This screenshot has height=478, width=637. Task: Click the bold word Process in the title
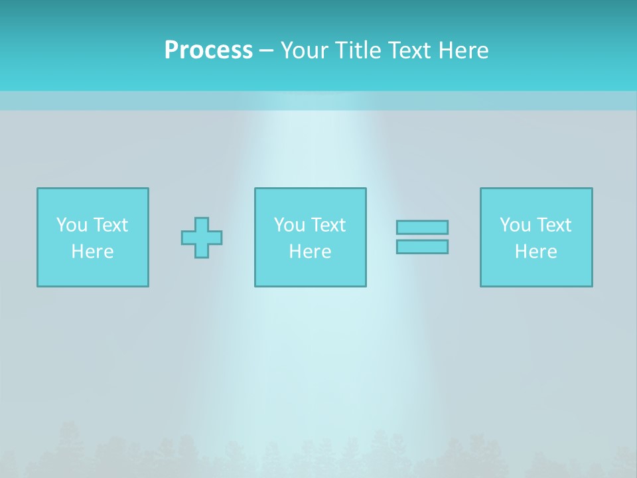click(208, 50)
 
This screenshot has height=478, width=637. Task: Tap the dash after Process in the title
click(266, 50)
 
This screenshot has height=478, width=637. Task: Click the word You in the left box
click(72, 225)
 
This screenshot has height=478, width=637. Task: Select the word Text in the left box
click(110, 225)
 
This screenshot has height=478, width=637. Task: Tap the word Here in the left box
click(93, 252)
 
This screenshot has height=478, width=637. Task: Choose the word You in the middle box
click(289, 225)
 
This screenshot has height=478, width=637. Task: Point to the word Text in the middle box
click(328, 225)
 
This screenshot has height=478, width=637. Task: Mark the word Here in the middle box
click(311, 252)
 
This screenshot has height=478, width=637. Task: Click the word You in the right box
click(515, 225)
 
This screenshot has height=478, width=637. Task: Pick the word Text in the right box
click(553, 225)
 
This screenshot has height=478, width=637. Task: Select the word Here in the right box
click(536, 252)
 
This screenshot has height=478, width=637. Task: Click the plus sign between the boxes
click(202, 237)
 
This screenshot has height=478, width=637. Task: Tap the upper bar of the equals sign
click(422, 227)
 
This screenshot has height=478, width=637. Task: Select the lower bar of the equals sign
click(422, 247)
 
